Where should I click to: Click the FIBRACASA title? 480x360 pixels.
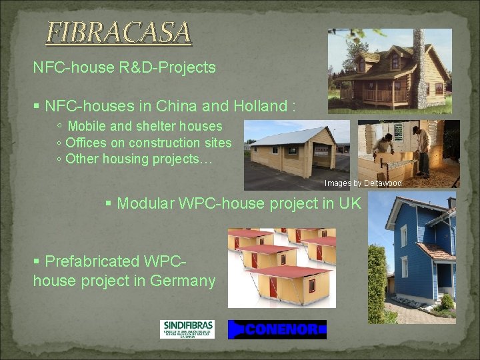point(118,32)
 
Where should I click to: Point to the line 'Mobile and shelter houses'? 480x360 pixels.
point(145,126)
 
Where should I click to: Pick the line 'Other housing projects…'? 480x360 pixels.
point(139,159)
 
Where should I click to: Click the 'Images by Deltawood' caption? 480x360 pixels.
point(363,183)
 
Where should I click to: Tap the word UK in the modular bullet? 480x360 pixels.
point(349,203)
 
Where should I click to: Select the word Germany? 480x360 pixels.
point(182,281)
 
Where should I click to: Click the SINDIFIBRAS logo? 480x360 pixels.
point(187,329)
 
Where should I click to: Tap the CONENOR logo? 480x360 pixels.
point(277,329)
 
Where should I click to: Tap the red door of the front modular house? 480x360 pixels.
point(273,286)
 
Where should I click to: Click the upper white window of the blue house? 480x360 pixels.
point(403,235)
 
